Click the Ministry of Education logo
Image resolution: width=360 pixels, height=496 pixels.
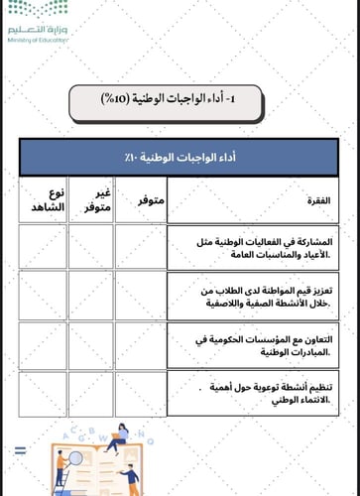click(39, 20)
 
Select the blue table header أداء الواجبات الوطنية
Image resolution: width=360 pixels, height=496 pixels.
click(179, 158)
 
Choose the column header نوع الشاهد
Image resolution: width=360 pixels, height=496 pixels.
click(44, 199)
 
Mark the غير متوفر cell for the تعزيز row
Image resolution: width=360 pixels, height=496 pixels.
click(91, 295)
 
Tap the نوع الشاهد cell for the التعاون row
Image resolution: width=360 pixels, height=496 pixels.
click(43, 343)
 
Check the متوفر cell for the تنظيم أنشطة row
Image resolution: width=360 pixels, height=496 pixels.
click(140, 392)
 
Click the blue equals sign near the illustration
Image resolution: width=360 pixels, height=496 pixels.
click(20, 452)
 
